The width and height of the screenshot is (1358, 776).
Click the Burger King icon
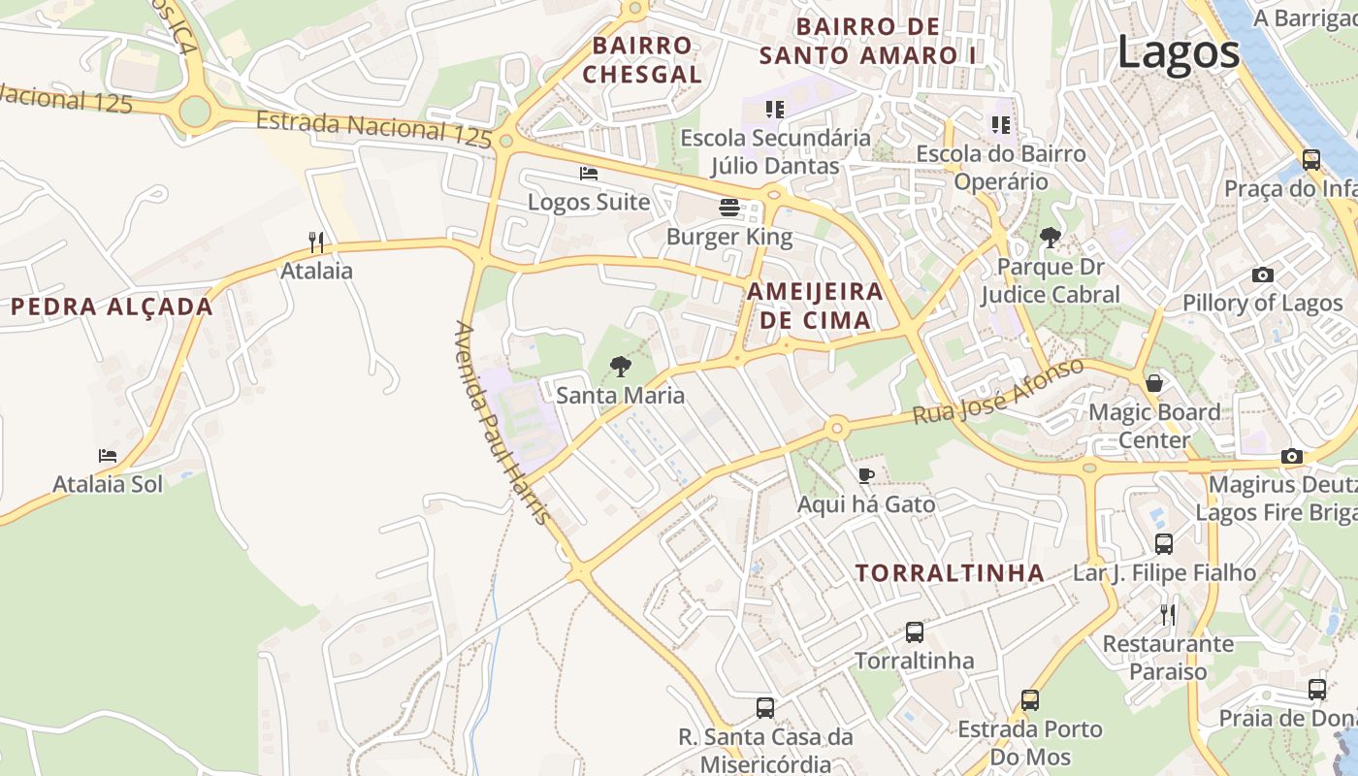729,207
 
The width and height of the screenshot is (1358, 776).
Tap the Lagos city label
1179,51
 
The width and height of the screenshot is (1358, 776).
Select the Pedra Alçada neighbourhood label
112,307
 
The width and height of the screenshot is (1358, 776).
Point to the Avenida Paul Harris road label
502,422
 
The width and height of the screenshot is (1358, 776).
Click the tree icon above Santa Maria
620,366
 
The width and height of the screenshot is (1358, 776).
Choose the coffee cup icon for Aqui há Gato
866,474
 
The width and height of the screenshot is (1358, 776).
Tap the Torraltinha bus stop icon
914,632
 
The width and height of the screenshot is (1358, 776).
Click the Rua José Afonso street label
997,392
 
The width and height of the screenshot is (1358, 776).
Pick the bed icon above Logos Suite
588,174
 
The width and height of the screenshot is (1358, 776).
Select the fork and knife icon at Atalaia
316,242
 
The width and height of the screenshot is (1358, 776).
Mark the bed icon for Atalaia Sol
108,455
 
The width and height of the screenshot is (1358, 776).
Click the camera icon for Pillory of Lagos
1262,275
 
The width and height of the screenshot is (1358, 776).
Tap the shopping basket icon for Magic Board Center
1154,383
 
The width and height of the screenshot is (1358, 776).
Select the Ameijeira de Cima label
815,306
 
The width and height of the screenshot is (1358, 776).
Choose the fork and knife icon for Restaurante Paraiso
1168,614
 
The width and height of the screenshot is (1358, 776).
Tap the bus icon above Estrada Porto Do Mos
1029,699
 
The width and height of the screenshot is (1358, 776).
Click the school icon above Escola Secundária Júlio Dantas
774,109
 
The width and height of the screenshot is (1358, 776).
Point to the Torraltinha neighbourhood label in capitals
950,572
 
